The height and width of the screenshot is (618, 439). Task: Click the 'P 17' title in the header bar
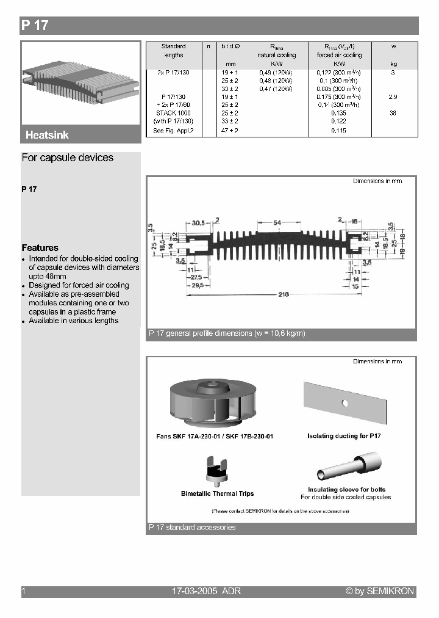click(x=35, y=26)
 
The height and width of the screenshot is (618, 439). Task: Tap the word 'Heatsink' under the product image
click(x=48, y=135)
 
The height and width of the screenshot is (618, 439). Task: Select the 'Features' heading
click(x=40, y=248)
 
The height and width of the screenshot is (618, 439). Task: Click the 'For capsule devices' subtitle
click(x=68, y=158)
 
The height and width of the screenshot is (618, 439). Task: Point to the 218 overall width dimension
click(x=283, y=295)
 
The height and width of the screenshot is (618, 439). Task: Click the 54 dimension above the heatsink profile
click(x=277, y=224)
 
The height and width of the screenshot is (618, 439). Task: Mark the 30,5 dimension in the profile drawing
click(x=182, y=224)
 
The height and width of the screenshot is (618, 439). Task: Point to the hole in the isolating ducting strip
click(x=344, y=403)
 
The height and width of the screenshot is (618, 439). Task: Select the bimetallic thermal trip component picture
click(x=218, y=471)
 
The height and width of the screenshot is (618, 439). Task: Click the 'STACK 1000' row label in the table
click(x=173, y=113)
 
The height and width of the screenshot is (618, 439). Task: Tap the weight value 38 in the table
click(x=393, y=113)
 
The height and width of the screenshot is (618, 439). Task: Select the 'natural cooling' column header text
click(x=276, y=55)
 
